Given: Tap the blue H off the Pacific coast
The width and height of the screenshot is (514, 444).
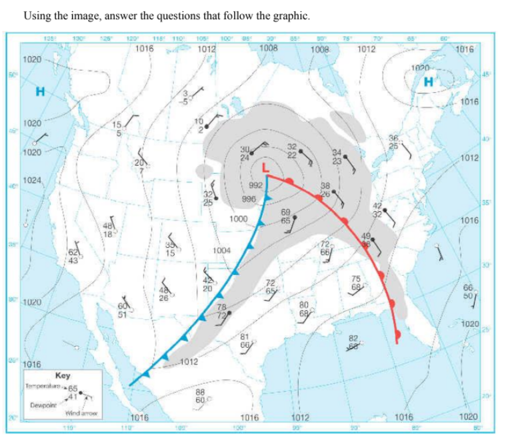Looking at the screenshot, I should coord(41,92).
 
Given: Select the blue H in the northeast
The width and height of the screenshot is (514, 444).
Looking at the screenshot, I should coord(430,81).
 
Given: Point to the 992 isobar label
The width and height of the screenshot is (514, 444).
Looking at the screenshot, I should coord(255,185).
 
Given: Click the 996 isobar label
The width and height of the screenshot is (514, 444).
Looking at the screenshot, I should coord(249,198).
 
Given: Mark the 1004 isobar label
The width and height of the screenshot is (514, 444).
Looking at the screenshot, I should coord(221,250).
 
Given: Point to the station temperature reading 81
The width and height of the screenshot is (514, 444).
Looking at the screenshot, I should coord(244,337).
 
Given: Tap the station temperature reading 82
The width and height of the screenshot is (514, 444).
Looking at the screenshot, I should coord(353,339).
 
